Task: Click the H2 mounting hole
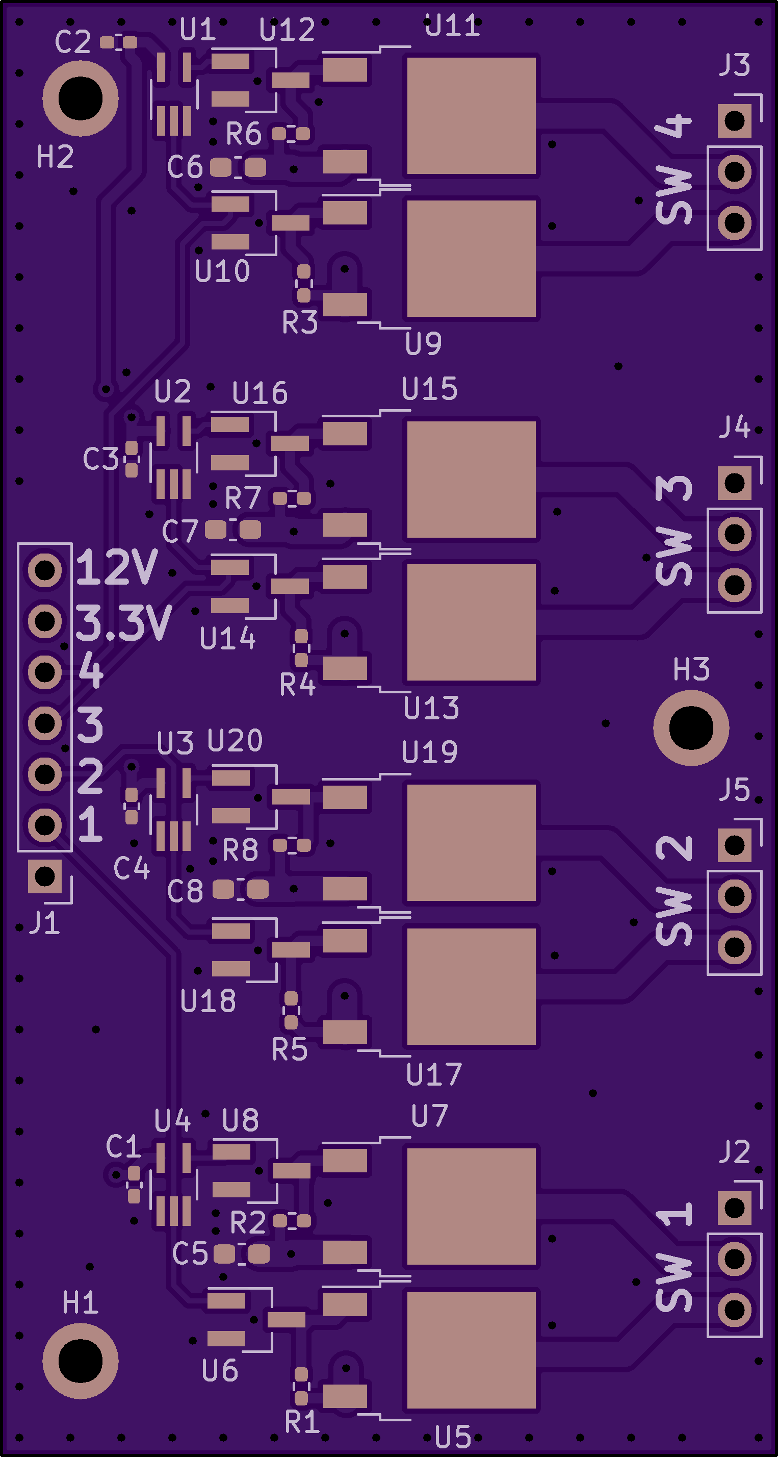click(80, 98)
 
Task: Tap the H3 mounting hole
click(691, 728)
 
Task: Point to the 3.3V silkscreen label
click(123, 622)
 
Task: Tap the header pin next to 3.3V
click(45, 621)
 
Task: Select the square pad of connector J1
click(45, 876)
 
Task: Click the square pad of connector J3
click(735, 120)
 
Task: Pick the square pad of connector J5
click(735, 846)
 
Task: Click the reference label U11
click(452, 26)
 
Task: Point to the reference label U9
click(424, 343)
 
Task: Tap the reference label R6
click(244, 134)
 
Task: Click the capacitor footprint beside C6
click(238, 167)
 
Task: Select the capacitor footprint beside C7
click(233, 530)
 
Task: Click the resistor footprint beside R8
click(292, 846)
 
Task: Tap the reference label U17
click(434, 1074)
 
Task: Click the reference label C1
click(123, 1146)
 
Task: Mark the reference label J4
click(735, 427)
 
